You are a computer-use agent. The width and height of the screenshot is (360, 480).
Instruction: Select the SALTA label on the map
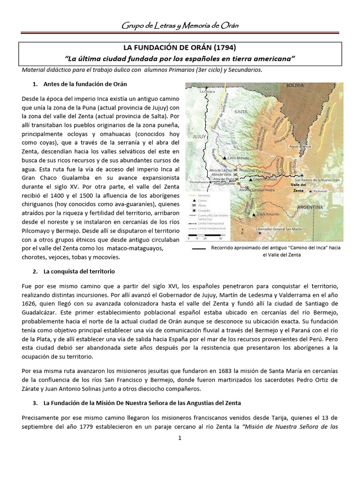[241, 112]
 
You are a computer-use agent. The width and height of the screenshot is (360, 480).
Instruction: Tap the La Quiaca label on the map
[207, 92]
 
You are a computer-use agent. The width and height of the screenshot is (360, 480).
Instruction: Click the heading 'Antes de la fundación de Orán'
[85, 84]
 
